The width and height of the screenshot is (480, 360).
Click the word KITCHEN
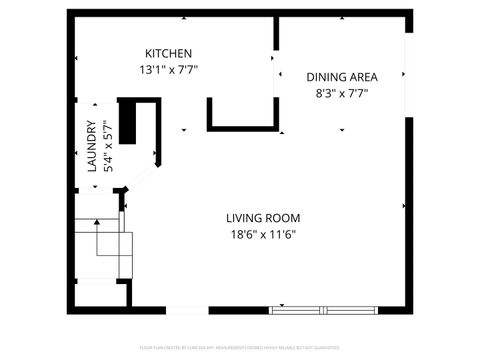(x=168, y=53)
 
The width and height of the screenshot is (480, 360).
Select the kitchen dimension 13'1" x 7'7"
(x=168, y=70)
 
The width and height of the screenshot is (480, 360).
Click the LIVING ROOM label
(x=263, y=218)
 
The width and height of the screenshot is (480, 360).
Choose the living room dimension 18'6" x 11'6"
(x=263, y=235)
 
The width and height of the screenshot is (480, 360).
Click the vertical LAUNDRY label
(x=92, y=147)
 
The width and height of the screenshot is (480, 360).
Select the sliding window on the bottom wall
(x=326, y=309)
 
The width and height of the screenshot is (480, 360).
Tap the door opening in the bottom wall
(x=186, y=308)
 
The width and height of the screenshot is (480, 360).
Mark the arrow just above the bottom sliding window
(x=282, y=303)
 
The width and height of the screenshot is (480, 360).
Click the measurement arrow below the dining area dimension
(x=341, y=129)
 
